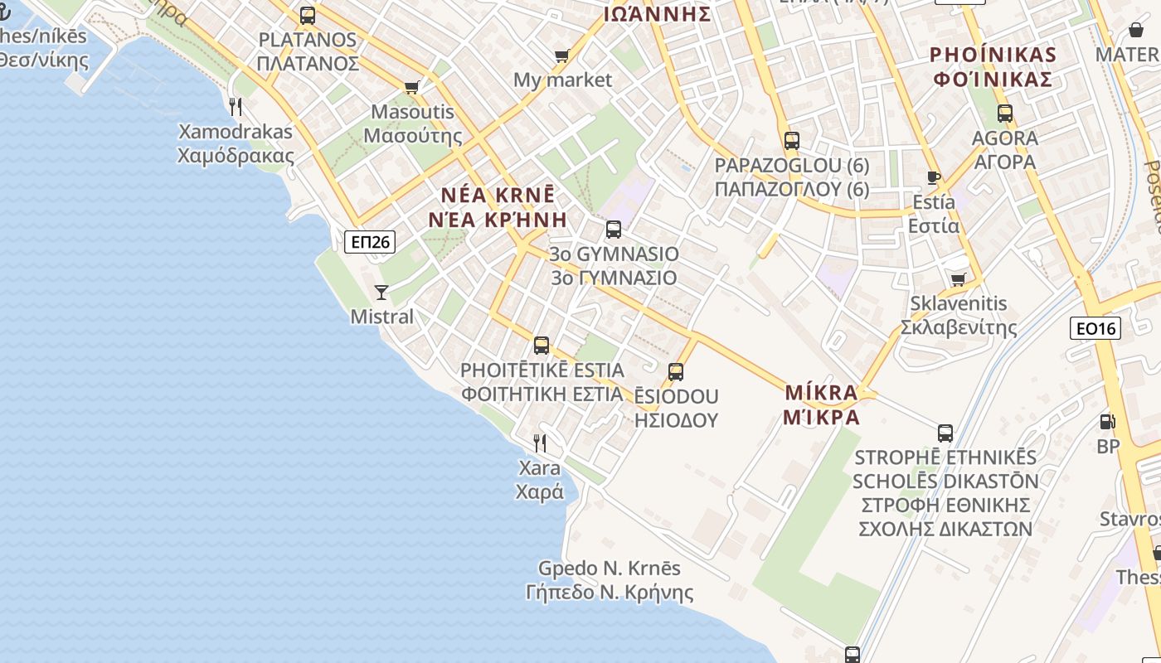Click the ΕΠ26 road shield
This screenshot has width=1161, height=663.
pyautogui.click(x=370, y=242)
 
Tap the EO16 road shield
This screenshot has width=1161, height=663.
pyautogui.click(x=1095, y=328)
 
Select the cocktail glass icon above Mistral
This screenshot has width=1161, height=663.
pyautogui.click(x=381, y=292)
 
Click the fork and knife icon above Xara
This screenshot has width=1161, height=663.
pyautogui.click(x=540, y=443)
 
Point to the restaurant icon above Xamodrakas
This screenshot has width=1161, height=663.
pyautogui.click(x=236, y=106)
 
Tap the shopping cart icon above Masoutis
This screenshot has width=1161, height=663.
pyautogui.click(x=411, y=87)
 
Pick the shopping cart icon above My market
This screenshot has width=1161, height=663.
pyautogui.click(x=561, y=56)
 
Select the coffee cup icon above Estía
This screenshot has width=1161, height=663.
pyautogui.click(x=933, y=177)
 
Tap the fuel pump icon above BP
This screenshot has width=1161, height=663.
pyautogui.click(x=1107, y=422)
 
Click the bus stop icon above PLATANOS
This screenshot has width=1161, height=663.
pyautogui.click(x=308, y=15)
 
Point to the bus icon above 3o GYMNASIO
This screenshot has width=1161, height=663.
pyautogui.click(x=614, y=230)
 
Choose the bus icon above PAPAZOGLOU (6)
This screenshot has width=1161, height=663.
pyautogui.click(x=791, y=140)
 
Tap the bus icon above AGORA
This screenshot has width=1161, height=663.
pyautogui.click(x=1005, y=114)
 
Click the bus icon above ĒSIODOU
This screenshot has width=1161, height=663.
pyautogui.click(x=676, y=372)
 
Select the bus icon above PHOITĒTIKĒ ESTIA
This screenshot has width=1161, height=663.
pyautogui.click(x=542, y=346)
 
